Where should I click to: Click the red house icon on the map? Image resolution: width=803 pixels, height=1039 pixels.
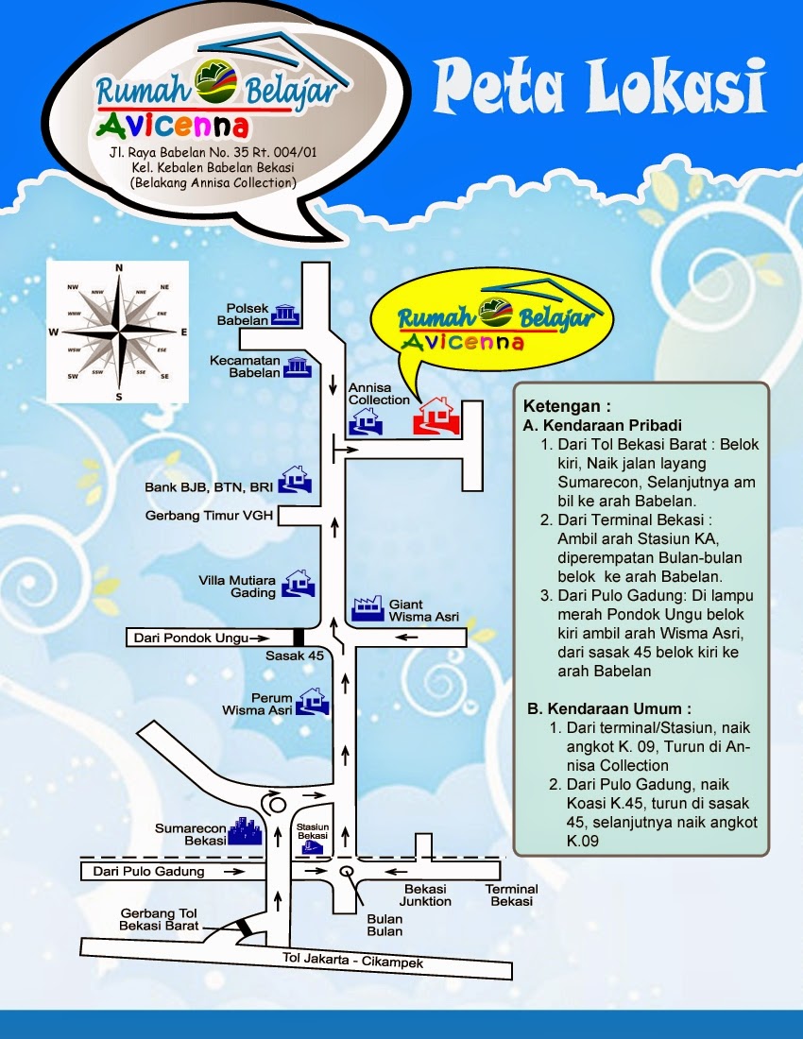tap(435, 416)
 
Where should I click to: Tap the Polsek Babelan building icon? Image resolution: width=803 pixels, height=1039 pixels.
tap(285, 315)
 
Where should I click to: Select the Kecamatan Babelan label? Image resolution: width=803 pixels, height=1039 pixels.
tap(254, 366)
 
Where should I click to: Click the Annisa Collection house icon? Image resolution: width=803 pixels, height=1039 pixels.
tap(365, 421)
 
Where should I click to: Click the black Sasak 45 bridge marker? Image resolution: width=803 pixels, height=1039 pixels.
tap(299, 639)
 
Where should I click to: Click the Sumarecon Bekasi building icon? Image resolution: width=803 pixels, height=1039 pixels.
tap(246, 831)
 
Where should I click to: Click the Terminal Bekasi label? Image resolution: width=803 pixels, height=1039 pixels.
tap(511, 894)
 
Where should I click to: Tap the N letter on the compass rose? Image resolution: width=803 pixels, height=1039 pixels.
tap(119, 268)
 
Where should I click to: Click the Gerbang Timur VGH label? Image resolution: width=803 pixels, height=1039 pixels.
tap(211, 516)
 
